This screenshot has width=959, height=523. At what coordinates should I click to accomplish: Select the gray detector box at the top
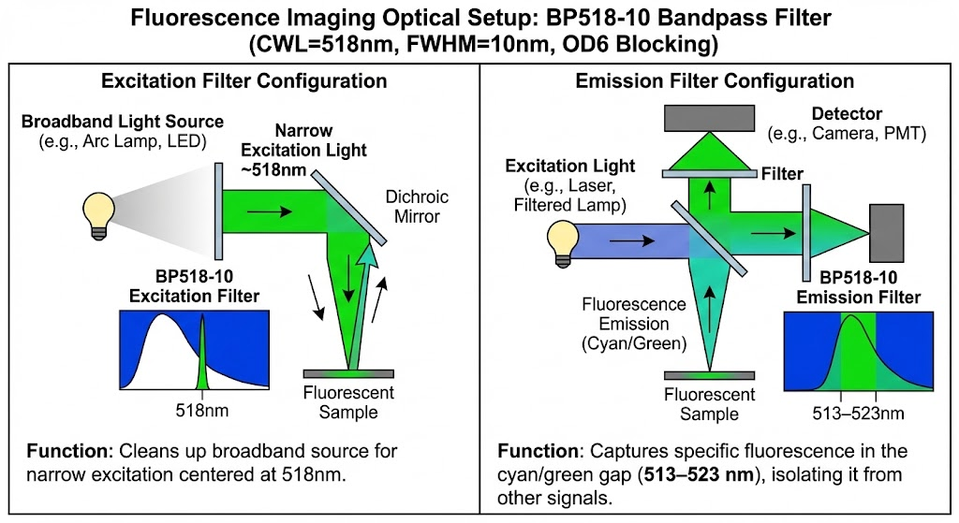[710, 118]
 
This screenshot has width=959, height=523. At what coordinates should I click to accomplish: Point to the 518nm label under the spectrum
[202, 410]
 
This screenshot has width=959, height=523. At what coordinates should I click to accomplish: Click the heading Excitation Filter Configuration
[244, 81]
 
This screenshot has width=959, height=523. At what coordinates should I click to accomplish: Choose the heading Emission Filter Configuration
[715, 81]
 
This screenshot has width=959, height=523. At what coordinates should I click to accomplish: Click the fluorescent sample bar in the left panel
[348, 373]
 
